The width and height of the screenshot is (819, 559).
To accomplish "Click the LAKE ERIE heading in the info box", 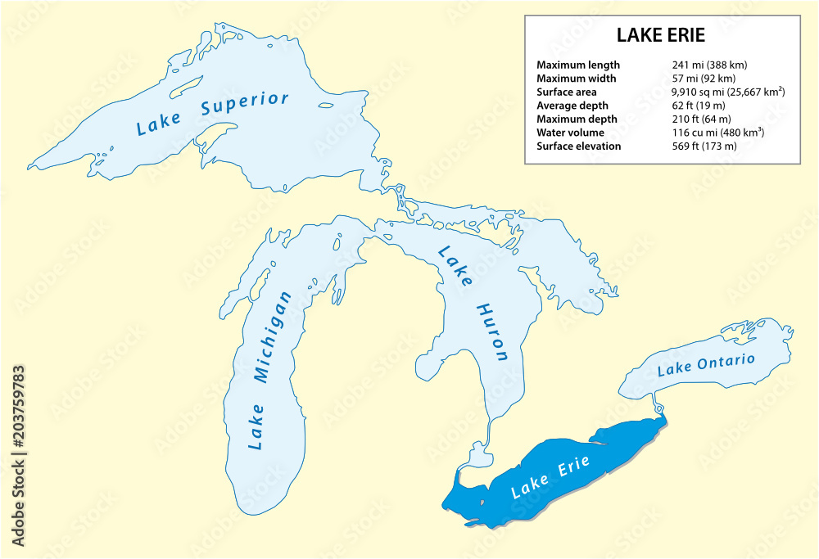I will [x=660, y=37].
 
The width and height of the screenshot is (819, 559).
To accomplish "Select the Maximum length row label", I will [x=577, y=65].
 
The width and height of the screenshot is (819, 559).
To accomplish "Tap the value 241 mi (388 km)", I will [x=709, y=65].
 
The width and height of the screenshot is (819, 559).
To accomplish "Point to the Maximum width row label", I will [x=576, y=79].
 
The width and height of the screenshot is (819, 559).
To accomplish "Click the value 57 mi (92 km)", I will [x=704, y=79].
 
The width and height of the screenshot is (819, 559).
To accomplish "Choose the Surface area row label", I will [x=566, y=92].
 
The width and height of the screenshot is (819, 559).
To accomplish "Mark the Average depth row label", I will [x=572, y=106].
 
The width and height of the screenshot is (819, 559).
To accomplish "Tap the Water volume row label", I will [x=570, y=133].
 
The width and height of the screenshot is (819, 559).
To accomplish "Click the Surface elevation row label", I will [x=578, y=146].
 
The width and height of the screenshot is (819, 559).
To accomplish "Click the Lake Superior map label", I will [x=212, y=113].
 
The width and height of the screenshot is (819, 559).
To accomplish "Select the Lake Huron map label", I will [x=473, y=303].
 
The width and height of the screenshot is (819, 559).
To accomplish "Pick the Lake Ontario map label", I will [x=706, y=364].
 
